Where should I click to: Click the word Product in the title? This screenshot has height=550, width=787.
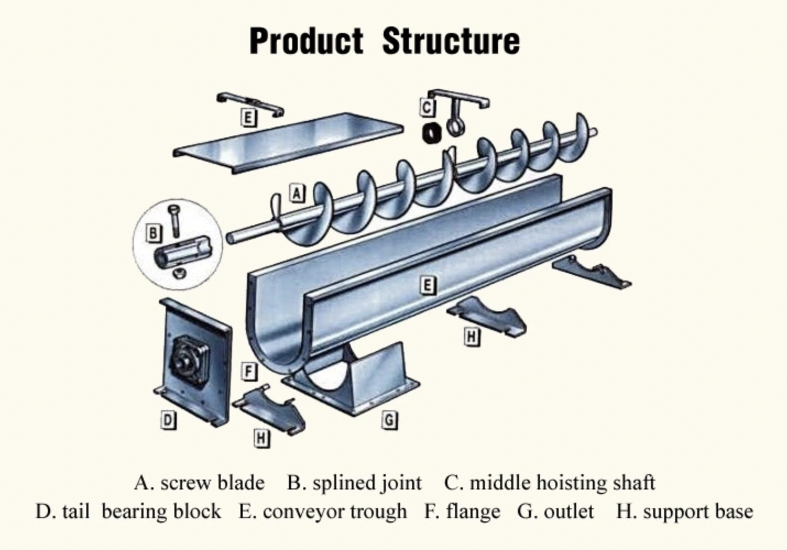click(x=306, y=41)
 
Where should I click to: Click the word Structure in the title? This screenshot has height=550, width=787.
click(x=451, y=41)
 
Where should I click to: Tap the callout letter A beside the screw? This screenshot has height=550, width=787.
click(x=297, y=193)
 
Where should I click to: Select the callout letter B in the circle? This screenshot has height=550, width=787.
click(x=154, y=233)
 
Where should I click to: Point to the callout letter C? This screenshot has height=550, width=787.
click(x=427, y=108)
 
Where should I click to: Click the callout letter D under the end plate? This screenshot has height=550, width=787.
click(x=168, y=420)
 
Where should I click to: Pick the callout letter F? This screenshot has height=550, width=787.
click(x=249, y=372)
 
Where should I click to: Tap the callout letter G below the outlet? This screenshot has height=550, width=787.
click(x=389, y=421)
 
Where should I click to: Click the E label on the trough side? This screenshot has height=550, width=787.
click(x=427, y=285)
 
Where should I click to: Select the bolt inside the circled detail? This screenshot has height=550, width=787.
click(x=174, y=221)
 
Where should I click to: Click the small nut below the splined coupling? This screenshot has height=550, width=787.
click(x=177, y=273)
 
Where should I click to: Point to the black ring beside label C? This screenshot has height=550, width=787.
click(x=432, y=133)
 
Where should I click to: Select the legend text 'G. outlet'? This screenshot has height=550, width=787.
click(x=555, y=512)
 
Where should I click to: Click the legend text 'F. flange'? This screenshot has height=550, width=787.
click(x=462, y=512)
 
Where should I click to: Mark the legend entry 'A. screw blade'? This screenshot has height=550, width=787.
click(x=199, y=483)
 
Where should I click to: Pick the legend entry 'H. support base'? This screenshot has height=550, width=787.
click(x=684, y=512)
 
